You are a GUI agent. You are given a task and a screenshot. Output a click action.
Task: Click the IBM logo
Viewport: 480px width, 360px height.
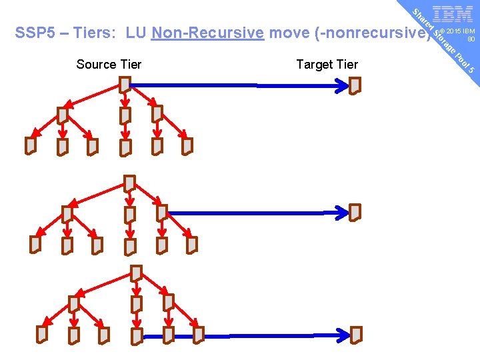tap(453, 15)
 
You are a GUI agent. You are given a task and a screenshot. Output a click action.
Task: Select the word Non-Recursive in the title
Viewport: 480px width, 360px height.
tap(207, 33)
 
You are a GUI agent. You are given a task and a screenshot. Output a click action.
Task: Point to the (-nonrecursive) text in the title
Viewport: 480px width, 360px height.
tap(349, 33)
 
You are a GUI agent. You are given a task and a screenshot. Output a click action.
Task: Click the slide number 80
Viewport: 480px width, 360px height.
tap(470, 39)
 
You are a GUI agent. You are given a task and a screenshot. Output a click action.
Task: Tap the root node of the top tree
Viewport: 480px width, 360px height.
tap(125, 84)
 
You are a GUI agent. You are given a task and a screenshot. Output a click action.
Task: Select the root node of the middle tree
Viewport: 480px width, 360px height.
tap(130, 183)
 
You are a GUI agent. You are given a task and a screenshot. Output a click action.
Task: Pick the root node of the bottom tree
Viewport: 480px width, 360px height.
tap(136, 273)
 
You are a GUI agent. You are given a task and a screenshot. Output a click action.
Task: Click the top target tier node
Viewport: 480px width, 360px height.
tap(355, 85)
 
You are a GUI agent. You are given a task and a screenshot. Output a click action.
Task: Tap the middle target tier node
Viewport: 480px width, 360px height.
tap(355, 212)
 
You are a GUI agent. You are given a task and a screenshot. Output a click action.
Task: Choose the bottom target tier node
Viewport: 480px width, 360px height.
tap(357, 334)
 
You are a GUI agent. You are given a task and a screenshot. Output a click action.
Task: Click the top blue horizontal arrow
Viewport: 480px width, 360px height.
tap(240, 85)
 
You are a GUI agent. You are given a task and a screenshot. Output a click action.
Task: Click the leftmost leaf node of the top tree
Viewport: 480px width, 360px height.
tap(31, 145)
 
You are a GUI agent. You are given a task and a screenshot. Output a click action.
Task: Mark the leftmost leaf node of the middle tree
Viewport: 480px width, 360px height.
tap(35, 245)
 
